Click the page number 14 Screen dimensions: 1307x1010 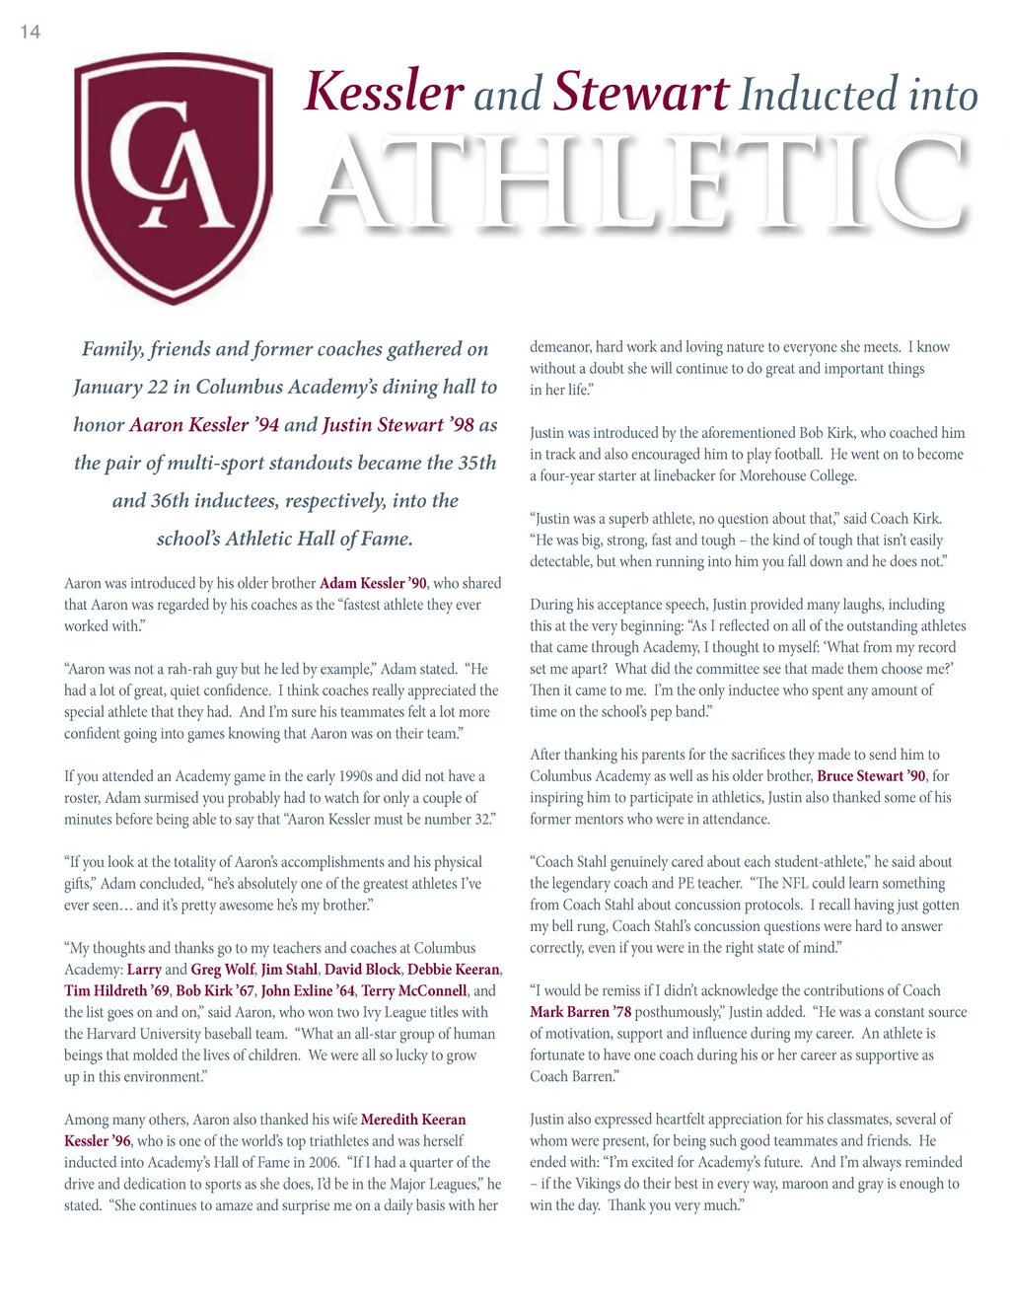(x=31, y=33)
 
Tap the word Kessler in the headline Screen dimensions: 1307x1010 (x=384, y=92)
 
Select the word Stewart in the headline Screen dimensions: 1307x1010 (x=641, y=92)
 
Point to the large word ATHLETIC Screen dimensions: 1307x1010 (x=641, y=182)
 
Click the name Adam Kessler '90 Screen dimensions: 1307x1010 (x=373, y=583)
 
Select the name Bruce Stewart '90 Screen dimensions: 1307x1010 (x=871, y=775)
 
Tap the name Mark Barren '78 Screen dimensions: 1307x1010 (x=580, y=1012)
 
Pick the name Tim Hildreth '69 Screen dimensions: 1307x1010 (x=116, y=990)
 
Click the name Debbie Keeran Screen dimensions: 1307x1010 (x=453, y=970)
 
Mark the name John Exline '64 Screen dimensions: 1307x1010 (x=308, y=990)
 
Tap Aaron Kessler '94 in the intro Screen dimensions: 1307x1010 (x=204, y=425)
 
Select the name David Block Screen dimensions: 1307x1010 (x=362, y=970)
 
